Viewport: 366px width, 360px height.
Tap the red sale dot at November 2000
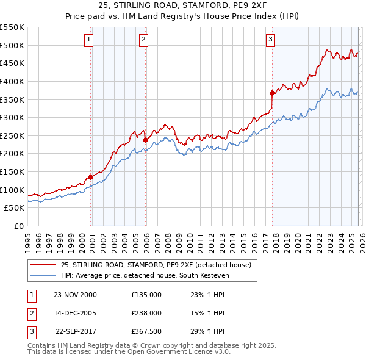point(91,177)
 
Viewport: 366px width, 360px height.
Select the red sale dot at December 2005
point(145,140)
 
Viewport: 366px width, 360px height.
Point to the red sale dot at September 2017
point(273,93)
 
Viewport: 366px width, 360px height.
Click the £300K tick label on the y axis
point(12,117)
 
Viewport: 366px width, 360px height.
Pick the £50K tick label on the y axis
point(15,207)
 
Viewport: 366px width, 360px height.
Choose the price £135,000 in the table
point(146,294)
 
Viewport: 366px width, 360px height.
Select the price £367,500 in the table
point(146,331)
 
